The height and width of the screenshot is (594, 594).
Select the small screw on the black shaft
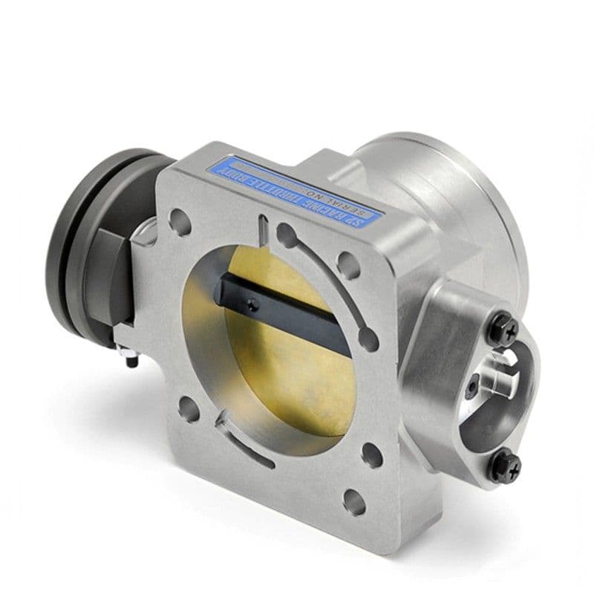coord(253,304)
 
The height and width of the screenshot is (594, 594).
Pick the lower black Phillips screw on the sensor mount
coord(511,466)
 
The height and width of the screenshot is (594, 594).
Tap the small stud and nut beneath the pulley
coord(133,359)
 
